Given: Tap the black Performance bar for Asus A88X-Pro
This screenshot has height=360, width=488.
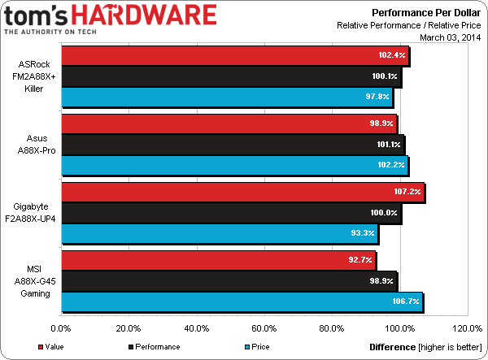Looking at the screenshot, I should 232,145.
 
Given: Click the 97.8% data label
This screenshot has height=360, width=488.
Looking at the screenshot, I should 377,98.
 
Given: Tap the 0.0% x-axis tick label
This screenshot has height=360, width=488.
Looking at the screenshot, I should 62,329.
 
